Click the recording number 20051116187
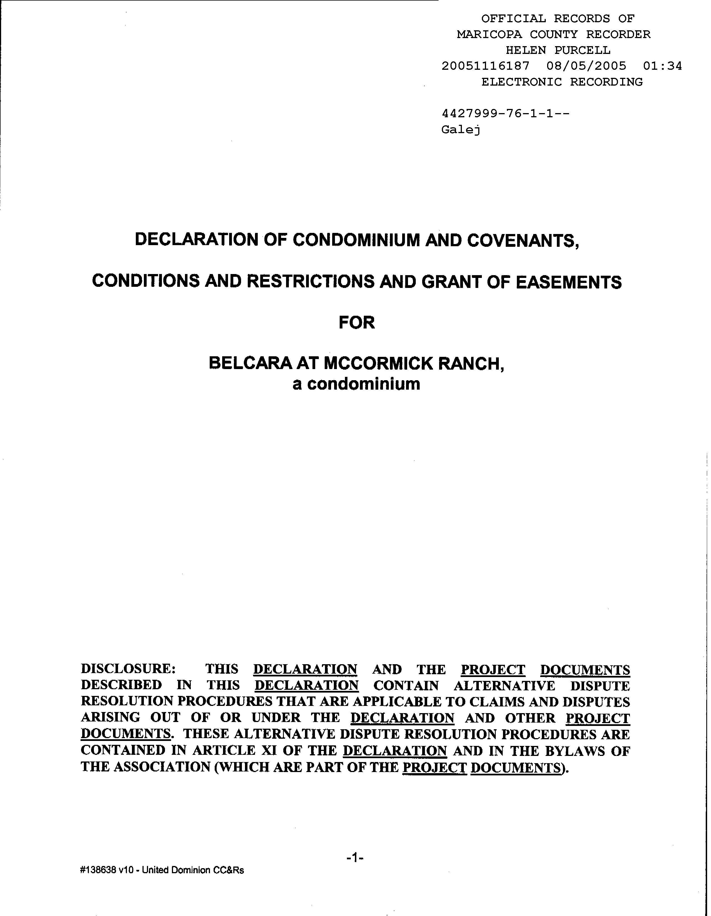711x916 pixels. (485, 66)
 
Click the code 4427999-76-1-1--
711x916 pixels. (505, 114)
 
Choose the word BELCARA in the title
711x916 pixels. (250, 363)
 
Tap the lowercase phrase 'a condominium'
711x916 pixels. (356, 384)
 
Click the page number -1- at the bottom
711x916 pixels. (355, 858)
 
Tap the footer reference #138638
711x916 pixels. (96, 870)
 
